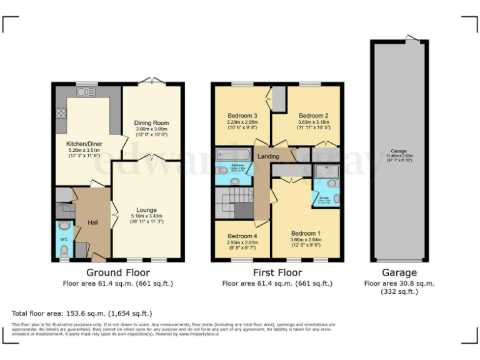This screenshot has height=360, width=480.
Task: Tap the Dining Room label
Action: pyautogui.click(x=152, y=123)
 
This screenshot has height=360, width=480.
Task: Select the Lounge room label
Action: pyautogui.click(x=146, y=209)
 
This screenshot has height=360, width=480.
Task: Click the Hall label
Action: pyautogui.click(x=92, y=222)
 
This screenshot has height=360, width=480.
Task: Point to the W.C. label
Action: pyautogui.click(x=64, y=239)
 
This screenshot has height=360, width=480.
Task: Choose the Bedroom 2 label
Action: pyautogui.click(x=313, y=116)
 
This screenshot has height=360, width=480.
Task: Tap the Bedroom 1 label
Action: pyautogui.click(x=306, y=232)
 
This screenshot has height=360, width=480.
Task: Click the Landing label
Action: pyautogui.click(x=268, y=156)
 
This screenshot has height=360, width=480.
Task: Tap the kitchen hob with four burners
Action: pyautogui.click(x=62, y=113)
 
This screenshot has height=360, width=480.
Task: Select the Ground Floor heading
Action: pyautogui.click(x=118, y=272)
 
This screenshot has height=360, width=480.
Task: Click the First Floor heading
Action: pyautogui.click(x=277, y=272)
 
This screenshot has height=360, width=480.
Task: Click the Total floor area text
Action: pyautogui.click(x=82, y=313)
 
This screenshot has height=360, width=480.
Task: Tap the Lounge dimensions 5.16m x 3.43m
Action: pyautogui.click(x=146, y=216)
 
